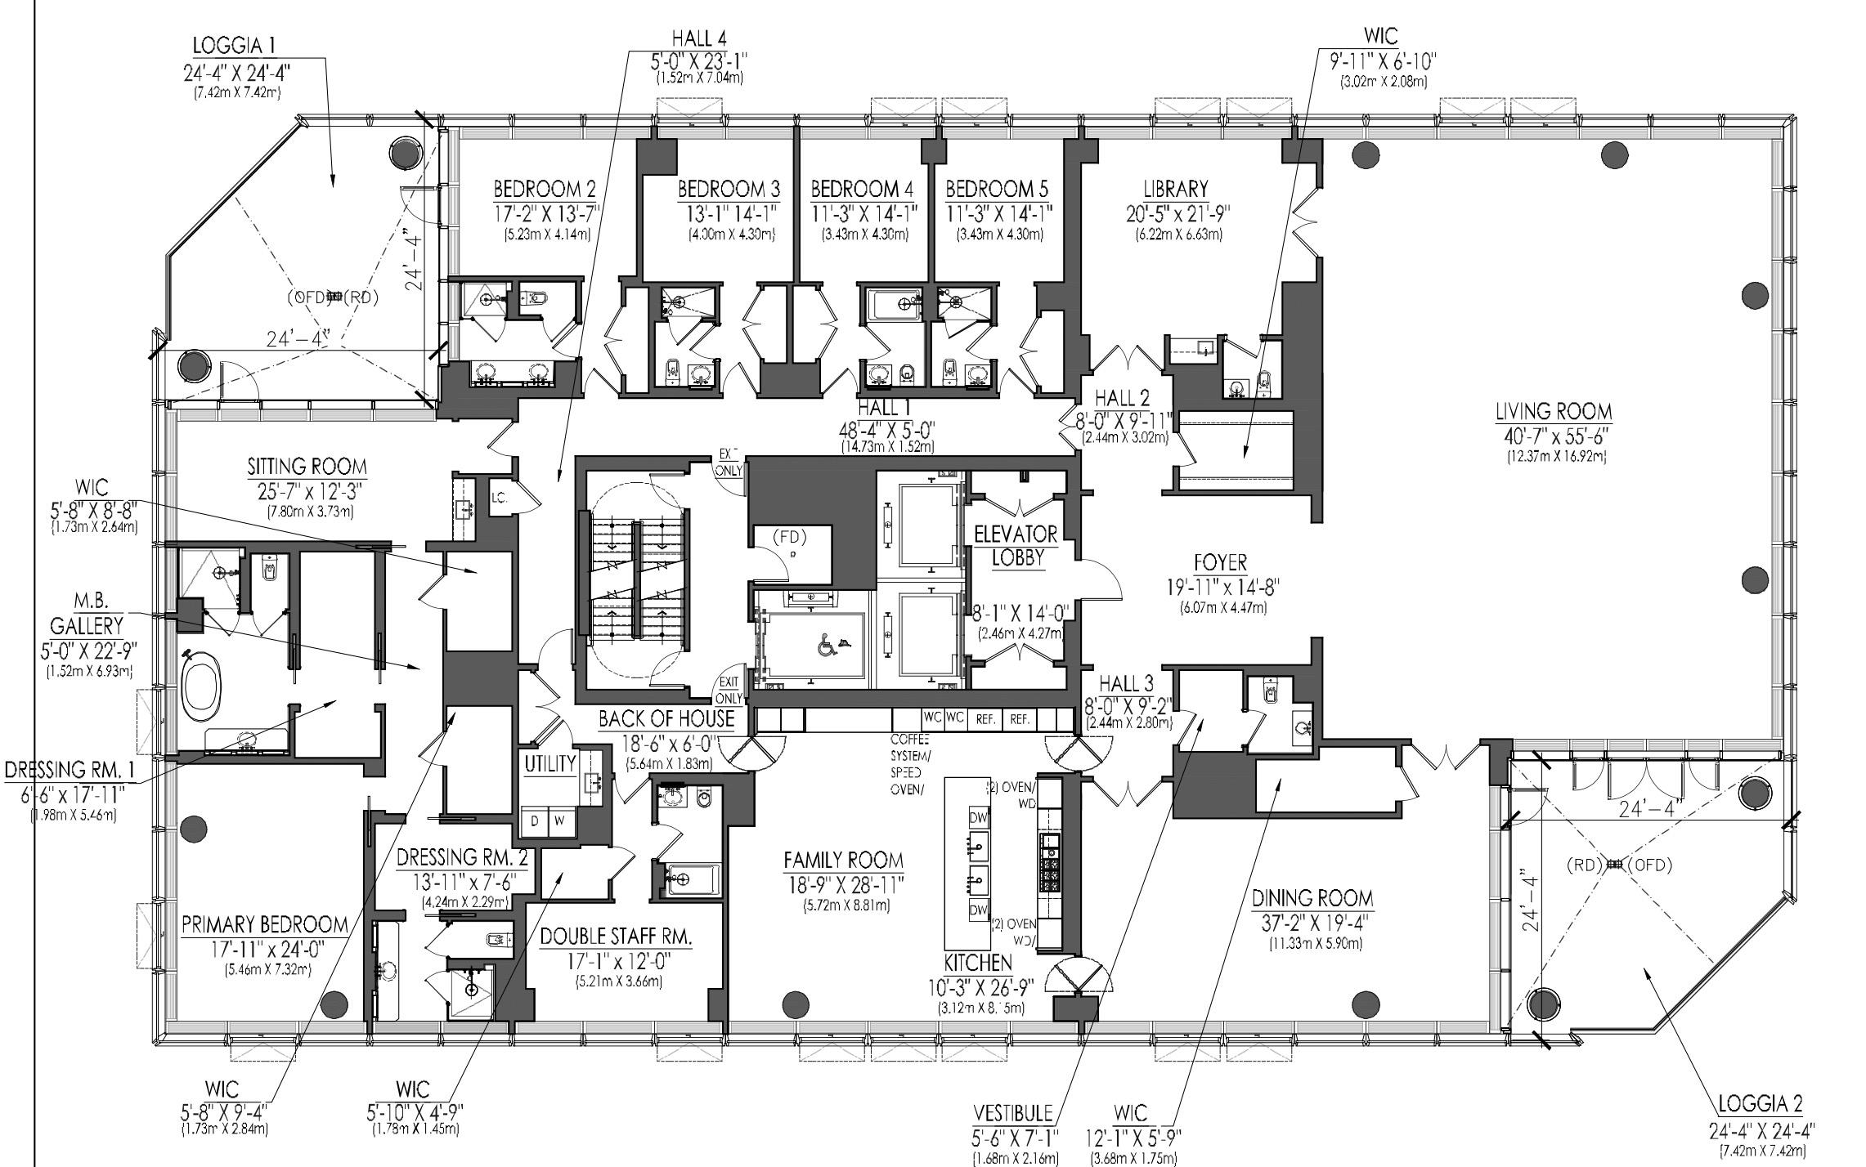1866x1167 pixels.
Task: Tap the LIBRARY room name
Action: (1177, 190)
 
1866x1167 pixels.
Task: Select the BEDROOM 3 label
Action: (729, 190)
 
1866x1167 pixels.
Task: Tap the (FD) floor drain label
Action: (790, 537)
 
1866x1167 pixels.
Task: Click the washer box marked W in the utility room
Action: (561, 820)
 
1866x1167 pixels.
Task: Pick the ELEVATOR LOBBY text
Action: (1016, 545)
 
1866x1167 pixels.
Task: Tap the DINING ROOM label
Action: (1312, 898)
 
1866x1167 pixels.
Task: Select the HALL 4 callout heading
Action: (698, 38)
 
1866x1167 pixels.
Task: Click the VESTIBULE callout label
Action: (1012, 1114)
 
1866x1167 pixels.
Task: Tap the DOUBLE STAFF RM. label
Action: (616, 936)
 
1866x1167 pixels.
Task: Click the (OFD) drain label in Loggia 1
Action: (305, 297)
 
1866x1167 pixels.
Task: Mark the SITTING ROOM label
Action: (307, 467)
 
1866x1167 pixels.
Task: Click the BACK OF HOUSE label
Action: (666, 719)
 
